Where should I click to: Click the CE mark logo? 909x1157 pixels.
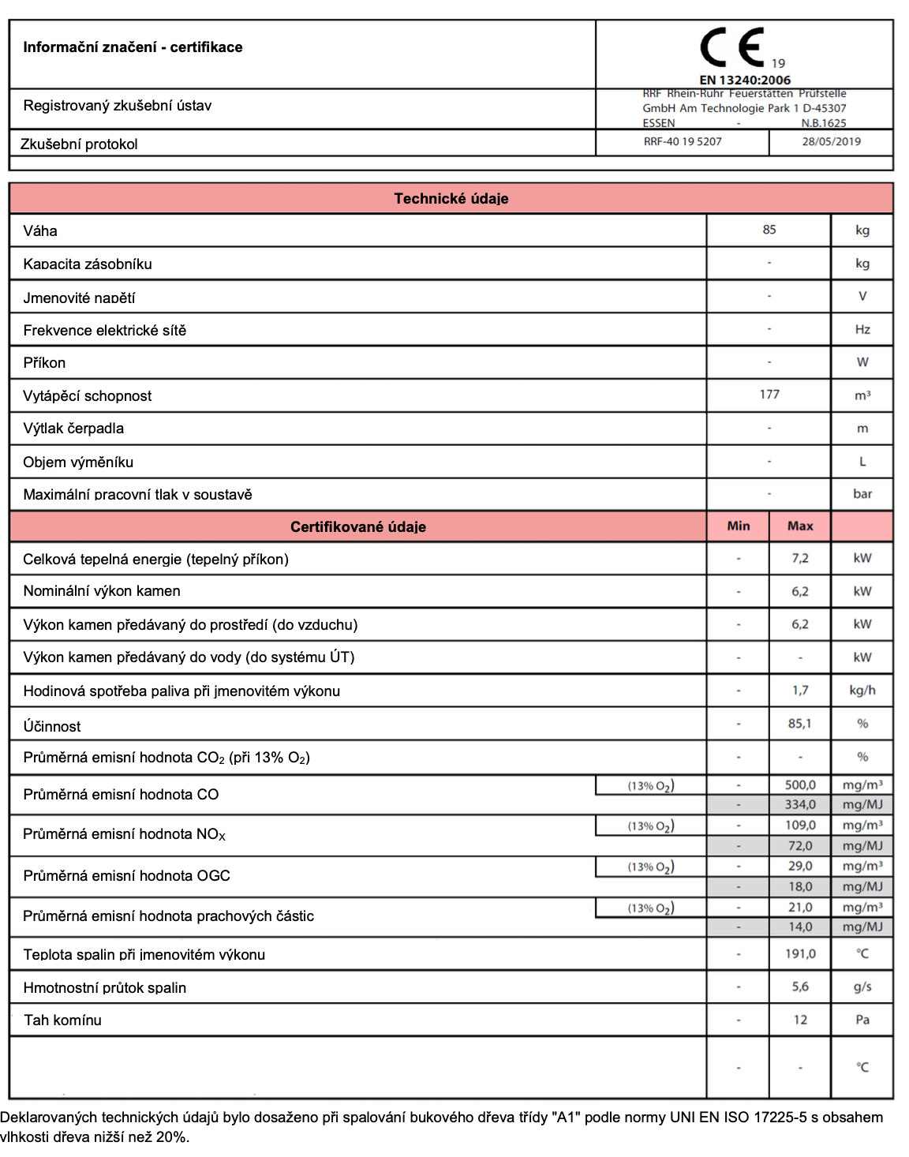click(x=733, y=47)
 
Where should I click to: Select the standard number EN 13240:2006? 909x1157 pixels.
click(x=745, y=80)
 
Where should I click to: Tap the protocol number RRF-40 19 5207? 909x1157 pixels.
click(x=683, y=142)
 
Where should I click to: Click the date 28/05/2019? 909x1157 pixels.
click(x=831, y=142)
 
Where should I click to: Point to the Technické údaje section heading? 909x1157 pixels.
click(x=451, y=199)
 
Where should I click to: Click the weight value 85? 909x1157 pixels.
click(x=769, y=230)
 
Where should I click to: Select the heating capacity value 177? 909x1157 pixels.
click(x=769, y=395)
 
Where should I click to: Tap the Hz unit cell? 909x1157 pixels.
click(x=862, y=330)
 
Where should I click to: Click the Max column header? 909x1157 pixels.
click(x=799, y=526)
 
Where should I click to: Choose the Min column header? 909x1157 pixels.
click(x=738, y=526)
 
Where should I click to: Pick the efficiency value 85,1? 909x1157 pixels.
click(x=799, y=724)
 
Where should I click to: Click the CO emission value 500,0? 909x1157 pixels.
click(x=799, y=785)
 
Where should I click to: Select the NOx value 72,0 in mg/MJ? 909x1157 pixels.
click(x=799, y=846)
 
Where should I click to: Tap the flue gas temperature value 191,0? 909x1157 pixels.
click(x=799, y=954)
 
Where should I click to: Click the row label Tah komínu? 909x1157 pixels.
click(x=63, y=1020)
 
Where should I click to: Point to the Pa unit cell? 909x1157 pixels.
click(x=862, y=1020)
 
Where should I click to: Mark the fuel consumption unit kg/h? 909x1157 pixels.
click(x=862, y=691)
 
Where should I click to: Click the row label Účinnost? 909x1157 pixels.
click(x=52, y=726)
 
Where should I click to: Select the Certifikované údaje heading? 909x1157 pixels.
click(x=357, y=527)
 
